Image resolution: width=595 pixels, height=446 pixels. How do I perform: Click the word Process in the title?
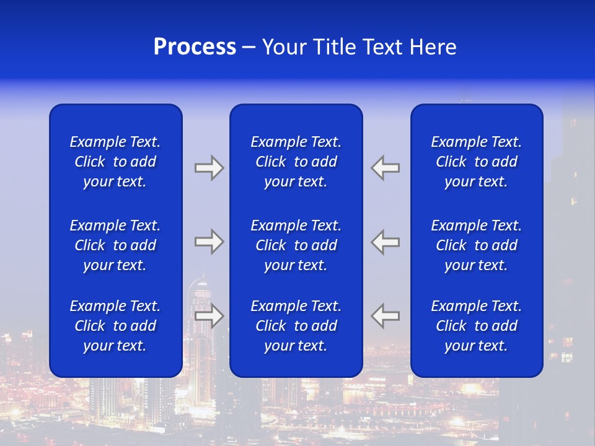coord(195,47)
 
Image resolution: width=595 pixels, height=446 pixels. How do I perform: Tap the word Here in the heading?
coord(432,47)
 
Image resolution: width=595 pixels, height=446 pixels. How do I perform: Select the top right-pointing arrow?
coord(209,168)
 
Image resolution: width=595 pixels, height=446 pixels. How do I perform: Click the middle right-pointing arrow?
coord(209,242)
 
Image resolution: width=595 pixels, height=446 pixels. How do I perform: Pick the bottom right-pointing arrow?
coord(209,316)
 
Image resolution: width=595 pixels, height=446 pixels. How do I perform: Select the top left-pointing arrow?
coord(386,168)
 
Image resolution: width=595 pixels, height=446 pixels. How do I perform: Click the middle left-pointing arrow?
coord(386,242)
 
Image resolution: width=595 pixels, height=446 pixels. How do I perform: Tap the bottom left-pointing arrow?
coord(386,316)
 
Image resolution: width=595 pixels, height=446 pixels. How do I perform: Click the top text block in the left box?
coord(115,162)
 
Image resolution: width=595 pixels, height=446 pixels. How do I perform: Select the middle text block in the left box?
coord(115,245)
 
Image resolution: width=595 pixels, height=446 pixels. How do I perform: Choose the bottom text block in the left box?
coord(115,326)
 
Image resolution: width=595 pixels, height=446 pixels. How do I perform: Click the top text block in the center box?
coord(296,162)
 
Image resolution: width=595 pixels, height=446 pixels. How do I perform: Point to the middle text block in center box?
coord(296,245)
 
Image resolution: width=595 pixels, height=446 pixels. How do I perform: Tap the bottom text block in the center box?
coord(296,326)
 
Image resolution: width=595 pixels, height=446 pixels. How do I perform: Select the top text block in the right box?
coord(476,162)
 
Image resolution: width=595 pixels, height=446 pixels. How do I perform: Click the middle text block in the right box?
coord(476,245)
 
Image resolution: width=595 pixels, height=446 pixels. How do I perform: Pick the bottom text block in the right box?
coord(476,326)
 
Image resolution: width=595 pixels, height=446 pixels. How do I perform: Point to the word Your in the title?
coord(284,47)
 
